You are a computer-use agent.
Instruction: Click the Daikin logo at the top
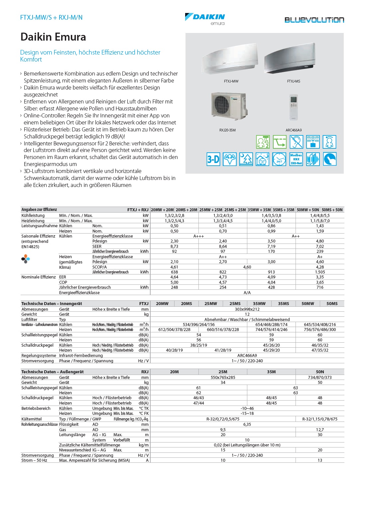[x=205, y=17]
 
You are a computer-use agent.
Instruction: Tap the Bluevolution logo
[x=314, y=20]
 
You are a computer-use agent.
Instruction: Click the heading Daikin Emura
[x=53, y=37]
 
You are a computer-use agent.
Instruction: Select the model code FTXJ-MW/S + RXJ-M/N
[x=51, y=17]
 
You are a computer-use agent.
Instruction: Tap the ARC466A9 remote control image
[x=294, y=107]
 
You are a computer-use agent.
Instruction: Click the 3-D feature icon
[x=213, y=159]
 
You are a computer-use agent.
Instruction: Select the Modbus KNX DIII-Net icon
[x=296, y=159]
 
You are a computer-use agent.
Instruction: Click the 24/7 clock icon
[x=279, y=159]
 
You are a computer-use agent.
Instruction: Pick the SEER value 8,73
[x=174, y=247]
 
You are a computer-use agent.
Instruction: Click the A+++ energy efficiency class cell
[x=198, y=236]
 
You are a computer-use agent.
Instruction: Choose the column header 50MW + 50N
[x=308, y=210]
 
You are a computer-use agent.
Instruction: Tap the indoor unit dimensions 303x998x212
[x=247, y=309]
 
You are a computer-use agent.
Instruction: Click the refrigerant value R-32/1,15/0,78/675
[x=320, y=419]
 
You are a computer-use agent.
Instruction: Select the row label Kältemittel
[x=32, y=419]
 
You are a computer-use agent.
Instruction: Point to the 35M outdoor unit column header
[x=271, y=372]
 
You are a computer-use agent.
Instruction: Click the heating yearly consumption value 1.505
[x=320, y=272]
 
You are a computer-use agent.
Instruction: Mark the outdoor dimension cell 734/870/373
[x=320, y=378]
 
